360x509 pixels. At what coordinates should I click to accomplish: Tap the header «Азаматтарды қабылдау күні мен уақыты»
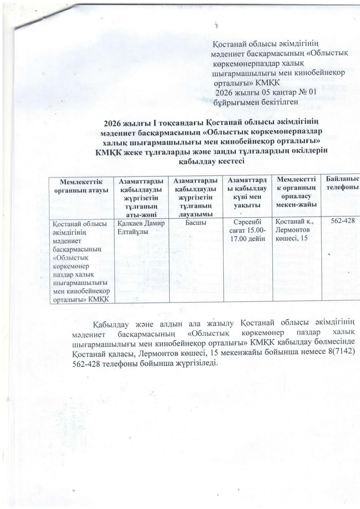pyautogui.click(x=247, y=193)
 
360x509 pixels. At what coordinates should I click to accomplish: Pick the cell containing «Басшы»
pyautogui.click(x=196, y=223)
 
